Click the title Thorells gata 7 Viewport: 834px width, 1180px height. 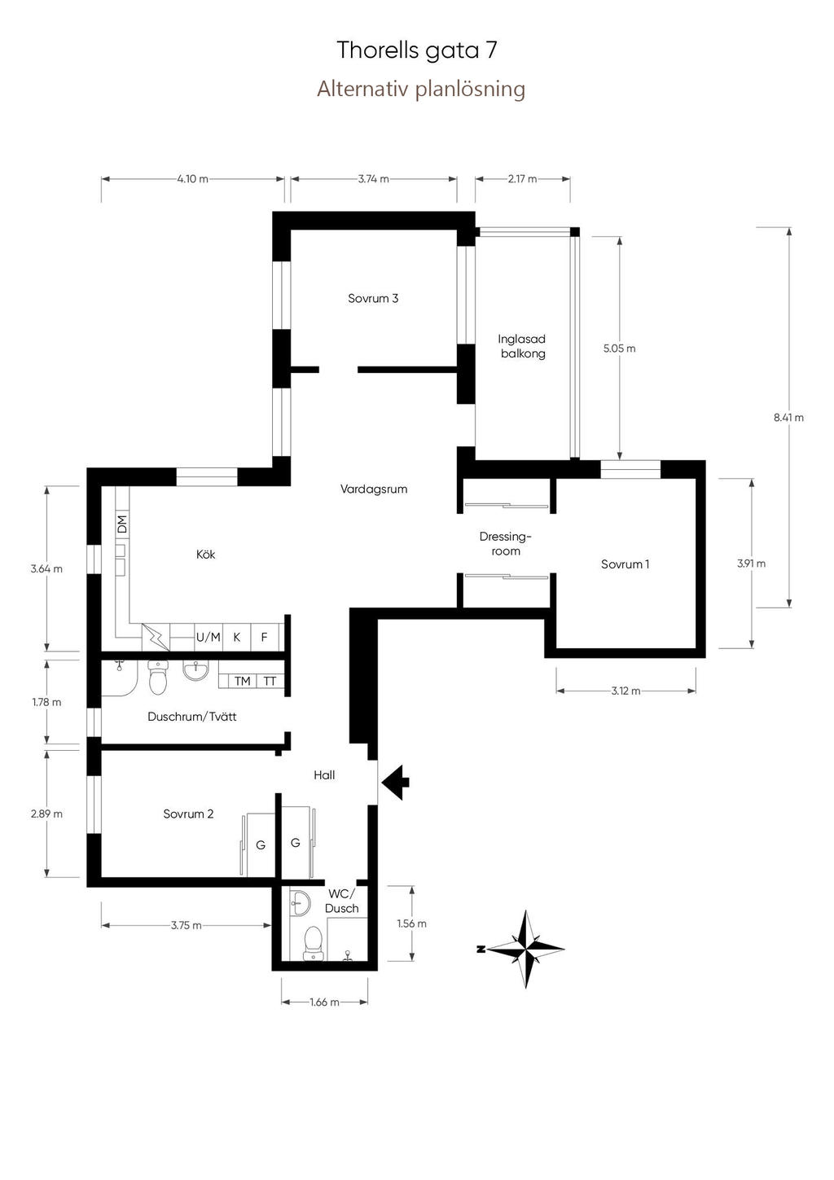click(417, 51)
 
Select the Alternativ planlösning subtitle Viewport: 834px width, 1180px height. click(421, 89)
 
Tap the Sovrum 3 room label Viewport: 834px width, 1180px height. click(373, 298)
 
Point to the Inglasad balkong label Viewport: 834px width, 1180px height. click(522, 346)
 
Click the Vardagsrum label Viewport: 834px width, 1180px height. click(374, 489)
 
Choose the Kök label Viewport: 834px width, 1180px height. click(205, 555)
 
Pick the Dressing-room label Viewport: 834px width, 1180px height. click(505, 544)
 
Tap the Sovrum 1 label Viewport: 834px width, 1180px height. click(625, 564)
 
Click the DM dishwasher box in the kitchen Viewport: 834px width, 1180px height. click(122, 524)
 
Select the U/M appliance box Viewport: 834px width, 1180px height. click(208, 637)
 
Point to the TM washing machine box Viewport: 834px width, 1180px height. click(243, 681)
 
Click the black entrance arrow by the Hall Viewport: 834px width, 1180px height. click(395, 782)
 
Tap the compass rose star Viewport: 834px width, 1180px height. click(525, 949)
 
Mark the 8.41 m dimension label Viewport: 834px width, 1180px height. click(788, 418)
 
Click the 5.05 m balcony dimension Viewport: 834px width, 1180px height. click(619, 349)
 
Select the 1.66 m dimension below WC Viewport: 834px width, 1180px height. click(324, 1002)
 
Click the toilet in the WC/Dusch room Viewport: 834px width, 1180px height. click(312, 943)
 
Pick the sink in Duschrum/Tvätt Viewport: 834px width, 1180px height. click(195, 670)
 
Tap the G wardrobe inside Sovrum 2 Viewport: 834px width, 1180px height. click(261, 845)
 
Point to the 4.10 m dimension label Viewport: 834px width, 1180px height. click(193, 178)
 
